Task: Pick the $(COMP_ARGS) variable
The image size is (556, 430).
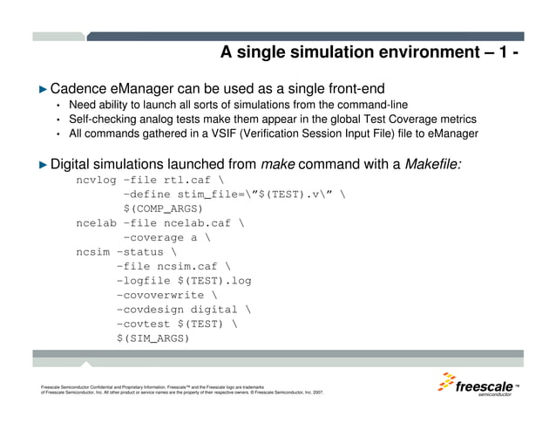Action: (x=163, y=209)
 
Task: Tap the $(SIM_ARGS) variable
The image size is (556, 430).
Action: (x=153, y=338)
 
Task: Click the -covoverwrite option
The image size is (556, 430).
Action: (x=159, y=295)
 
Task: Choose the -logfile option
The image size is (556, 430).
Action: (x=146, y=281)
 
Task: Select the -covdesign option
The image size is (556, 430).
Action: (x=153, y=309)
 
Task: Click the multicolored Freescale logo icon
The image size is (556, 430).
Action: (x=446, y=385)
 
